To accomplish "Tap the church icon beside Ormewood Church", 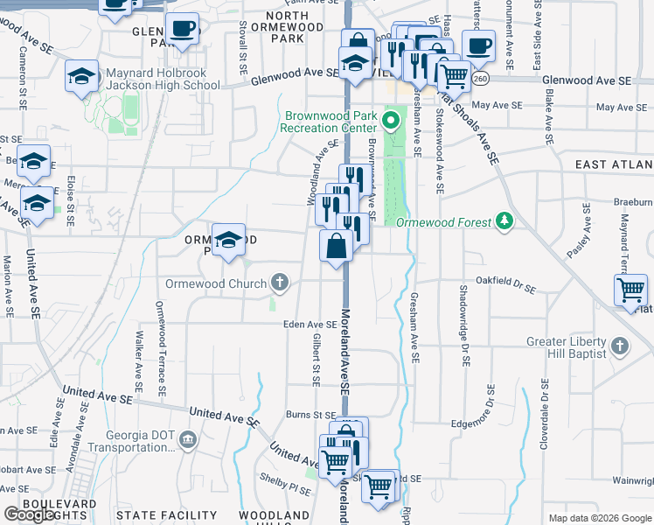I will click(280, 282).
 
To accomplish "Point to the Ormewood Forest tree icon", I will click(504, 221).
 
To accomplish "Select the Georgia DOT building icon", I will click(187, 438).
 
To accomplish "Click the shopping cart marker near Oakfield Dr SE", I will click(631, 289).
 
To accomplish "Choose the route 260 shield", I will click(480, 80).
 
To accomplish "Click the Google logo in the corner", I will click(30, 514).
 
